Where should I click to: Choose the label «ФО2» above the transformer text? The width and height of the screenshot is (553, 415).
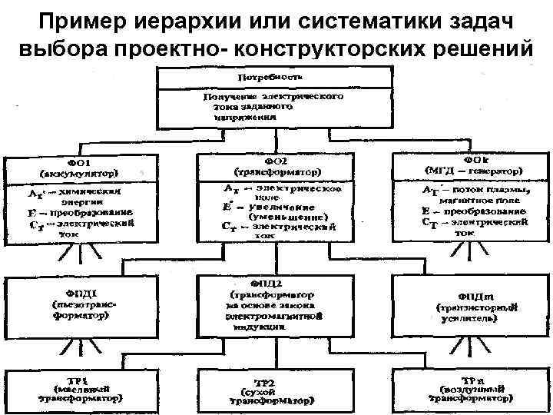(276, 162)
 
